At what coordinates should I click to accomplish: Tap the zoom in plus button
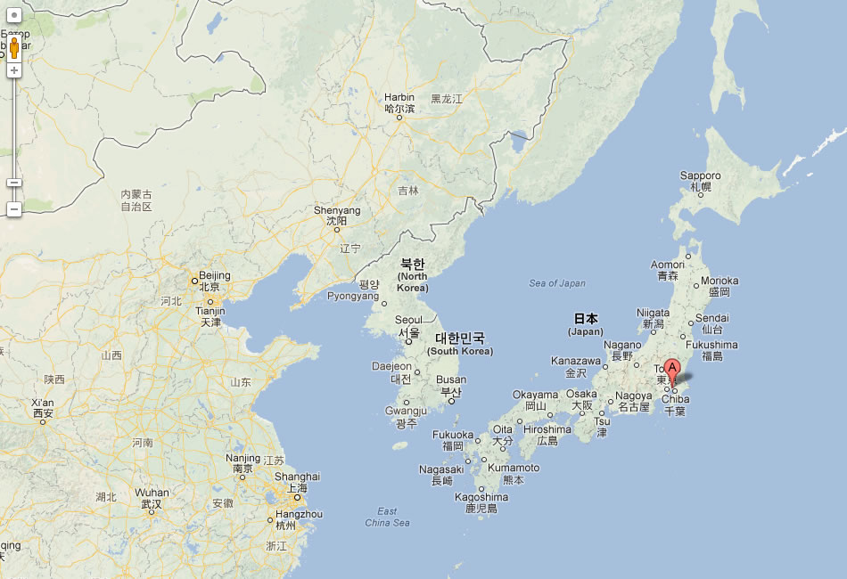(14, 69)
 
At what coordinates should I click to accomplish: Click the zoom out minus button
(14, 209)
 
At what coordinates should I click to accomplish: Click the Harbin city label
(399, 97)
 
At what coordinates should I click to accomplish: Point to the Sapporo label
(700, 175)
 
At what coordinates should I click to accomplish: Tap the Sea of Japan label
(557, 283)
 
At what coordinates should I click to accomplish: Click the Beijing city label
(215, 275)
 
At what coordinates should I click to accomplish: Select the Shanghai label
(298, 477)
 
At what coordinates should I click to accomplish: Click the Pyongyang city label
(355, 296)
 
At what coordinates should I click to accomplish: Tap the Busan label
(451, 379)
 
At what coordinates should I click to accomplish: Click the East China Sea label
(387, 517)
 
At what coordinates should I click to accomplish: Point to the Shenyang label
(337, 210)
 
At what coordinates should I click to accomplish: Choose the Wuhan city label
(152, 493)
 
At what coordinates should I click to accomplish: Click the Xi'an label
(43, 402)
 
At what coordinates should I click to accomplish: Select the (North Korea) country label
(412, 281)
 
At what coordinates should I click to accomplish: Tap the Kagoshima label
(481, 497)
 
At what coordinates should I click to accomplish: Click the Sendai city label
(711, 318)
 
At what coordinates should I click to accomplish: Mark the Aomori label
(668, 265)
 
